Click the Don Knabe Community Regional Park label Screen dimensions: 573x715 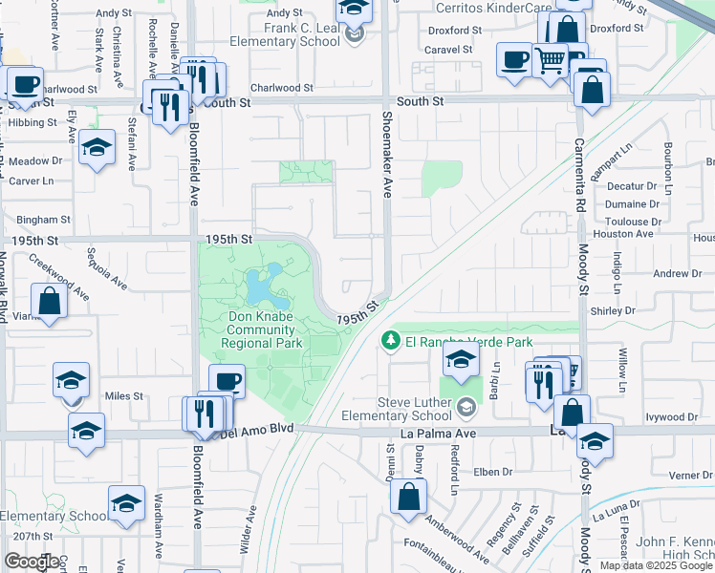[x=262, y=329]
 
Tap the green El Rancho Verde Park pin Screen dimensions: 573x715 [x=390, y=341]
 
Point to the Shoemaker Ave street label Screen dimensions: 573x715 [x=388, y=153]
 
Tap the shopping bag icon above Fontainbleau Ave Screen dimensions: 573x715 [x=408, y=497]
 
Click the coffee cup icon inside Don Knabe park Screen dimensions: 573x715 [x=227, y=383]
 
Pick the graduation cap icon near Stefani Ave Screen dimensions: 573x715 [x=97, y=149]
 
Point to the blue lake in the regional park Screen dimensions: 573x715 [x=259, y=283]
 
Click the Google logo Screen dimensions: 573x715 [x=32, y=562]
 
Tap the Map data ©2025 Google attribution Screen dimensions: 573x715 [x=656, y=565]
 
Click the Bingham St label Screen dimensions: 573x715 [x=37, y=220]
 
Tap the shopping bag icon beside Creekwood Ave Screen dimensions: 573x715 [x=50, y=301]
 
